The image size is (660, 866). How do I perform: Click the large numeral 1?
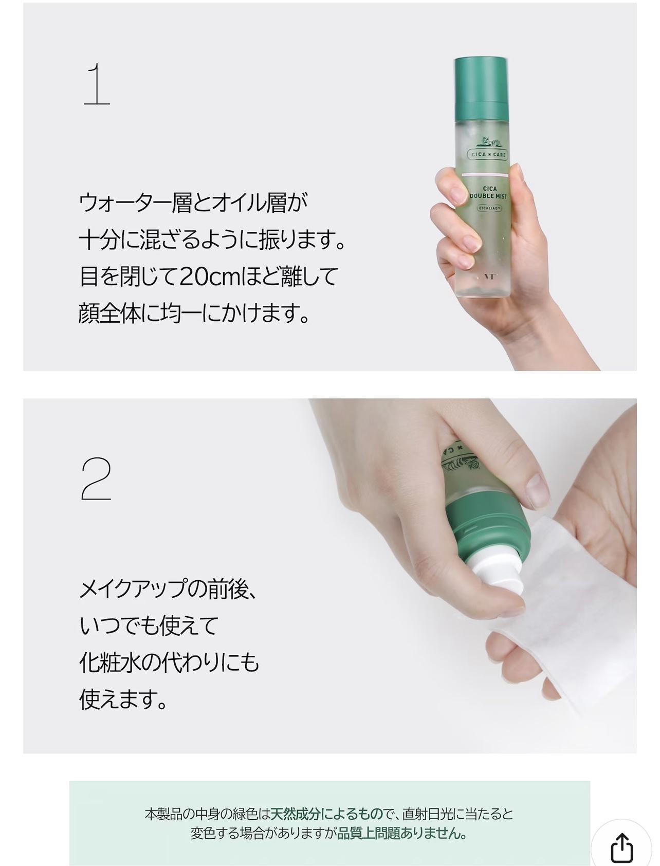[x=97, y=84]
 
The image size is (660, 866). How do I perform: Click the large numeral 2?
[x=96, y=479]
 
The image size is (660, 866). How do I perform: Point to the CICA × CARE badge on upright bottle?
[x=487, y=154]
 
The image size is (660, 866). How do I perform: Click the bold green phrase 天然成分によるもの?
[x=327, y=814]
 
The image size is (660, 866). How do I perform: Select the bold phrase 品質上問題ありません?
[x=398, y=833]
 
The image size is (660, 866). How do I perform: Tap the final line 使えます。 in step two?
[x=123, y=699]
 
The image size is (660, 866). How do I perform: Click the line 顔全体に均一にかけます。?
[x=194, y=313]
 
